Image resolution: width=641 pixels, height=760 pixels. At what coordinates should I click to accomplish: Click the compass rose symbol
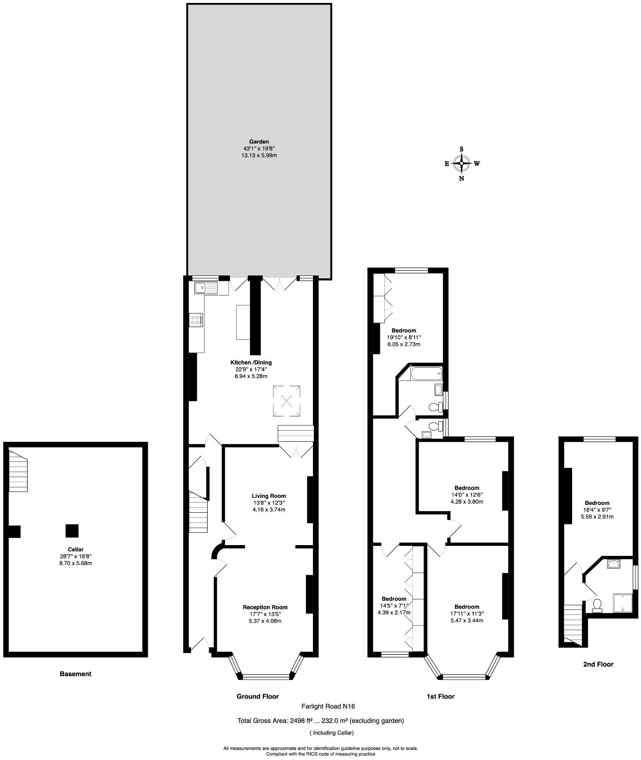(461, 163)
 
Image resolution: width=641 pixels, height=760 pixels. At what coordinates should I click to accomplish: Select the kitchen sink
(206, 287)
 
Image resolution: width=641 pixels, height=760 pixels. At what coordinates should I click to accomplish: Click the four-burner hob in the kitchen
(196, 320)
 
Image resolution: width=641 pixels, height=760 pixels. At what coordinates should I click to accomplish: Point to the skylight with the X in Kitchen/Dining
(286, 401)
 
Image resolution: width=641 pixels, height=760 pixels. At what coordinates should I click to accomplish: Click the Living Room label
(269, 496)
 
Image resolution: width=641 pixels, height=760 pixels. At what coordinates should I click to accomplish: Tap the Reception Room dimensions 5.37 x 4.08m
(265, 621)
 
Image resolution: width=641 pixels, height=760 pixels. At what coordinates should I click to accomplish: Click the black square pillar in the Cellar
(72, 531)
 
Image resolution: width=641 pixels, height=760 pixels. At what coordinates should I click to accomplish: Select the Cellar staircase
(18, 472)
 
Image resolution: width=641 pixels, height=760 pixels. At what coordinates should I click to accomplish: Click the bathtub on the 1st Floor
(426, 373)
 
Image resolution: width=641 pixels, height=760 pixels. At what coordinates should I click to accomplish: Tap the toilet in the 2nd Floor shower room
(597, 605)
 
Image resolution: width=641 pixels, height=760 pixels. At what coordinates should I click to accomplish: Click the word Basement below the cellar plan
(75, 674)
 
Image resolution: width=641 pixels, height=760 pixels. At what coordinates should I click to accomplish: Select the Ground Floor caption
(257, 697)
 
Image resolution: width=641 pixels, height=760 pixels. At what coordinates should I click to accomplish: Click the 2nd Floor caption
(598, 664)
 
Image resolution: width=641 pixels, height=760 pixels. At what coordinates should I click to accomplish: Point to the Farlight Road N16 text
(328, 706)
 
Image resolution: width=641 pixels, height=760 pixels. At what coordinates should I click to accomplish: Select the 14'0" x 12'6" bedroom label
(467, 494)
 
